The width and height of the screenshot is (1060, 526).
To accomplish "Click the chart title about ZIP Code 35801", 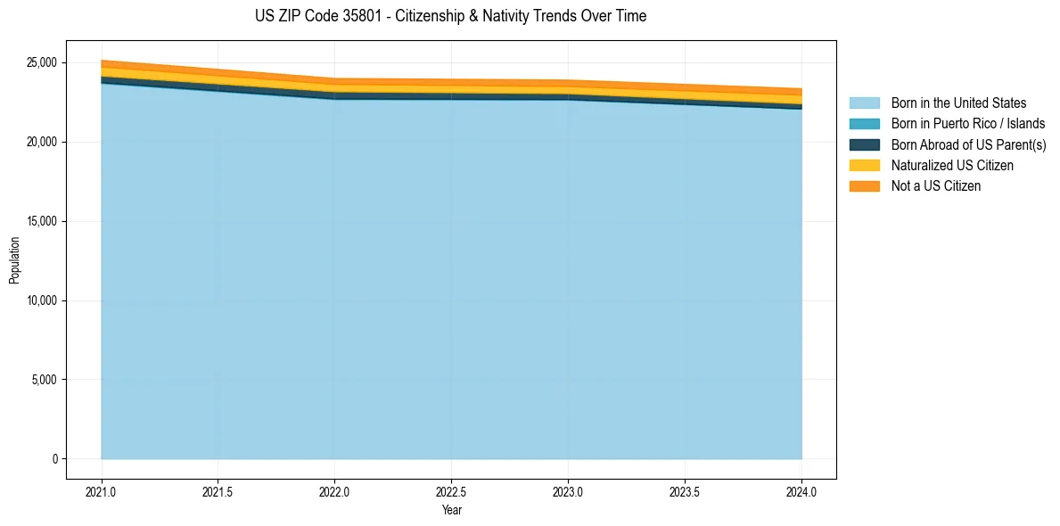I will coord(450,16).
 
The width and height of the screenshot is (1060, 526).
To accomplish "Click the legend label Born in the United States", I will coord(958,103).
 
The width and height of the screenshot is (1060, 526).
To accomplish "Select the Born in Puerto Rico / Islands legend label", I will coord(968,124).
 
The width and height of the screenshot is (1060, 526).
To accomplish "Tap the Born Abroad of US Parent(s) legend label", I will coord(968,144).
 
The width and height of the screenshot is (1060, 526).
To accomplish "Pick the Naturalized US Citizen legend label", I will coord(952,165).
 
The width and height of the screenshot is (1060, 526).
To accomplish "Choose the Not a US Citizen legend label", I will coord(935,185).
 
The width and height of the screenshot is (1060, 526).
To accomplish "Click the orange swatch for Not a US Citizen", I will coord(864,185).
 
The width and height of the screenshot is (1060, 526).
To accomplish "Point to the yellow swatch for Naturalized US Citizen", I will coord(864,165).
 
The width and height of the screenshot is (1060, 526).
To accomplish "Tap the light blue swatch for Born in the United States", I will coord(864,103).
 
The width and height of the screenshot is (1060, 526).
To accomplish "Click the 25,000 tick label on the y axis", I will coord(41,63).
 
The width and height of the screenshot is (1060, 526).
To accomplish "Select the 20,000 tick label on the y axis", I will coord(41,143).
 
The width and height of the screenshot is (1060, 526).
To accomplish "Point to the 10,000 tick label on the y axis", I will coord(41,300).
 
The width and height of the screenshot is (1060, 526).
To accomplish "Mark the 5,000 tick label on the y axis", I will coord(44,380).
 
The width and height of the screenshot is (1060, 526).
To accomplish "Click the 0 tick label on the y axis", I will coord(54,459).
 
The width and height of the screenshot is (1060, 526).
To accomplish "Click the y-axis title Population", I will coord(14,260).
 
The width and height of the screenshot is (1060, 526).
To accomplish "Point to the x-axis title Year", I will coord(451,511).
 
